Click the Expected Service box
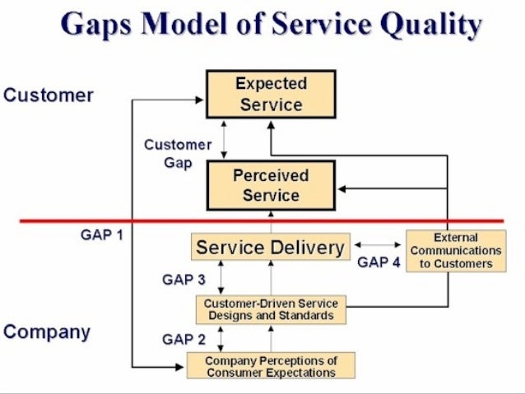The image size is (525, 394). click(271, 94)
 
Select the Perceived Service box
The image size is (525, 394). click(271, 185)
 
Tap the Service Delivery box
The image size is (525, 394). click(271, 247)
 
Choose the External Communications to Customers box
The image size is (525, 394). click(456, 251)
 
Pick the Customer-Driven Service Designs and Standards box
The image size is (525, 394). click(271, 309)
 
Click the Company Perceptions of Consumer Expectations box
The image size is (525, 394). click(271, 366)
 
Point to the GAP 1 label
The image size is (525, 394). click(102, 234)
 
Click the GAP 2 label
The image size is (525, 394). click(184, 338)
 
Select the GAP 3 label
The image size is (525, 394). click(184, 280)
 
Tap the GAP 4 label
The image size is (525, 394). click(379, 263)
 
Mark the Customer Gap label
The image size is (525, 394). click(178, 153)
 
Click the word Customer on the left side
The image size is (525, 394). click(49, 95)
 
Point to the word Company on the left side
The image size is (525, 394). click(47, 332)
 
